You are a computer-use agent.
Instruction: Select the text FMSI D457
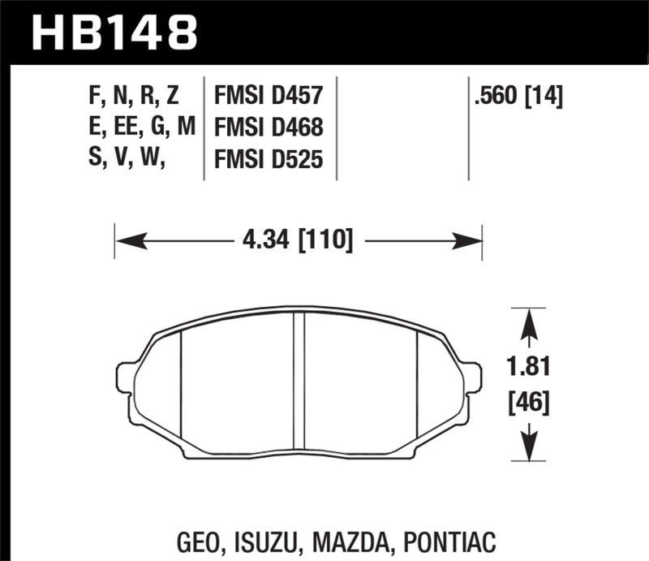point(268,98)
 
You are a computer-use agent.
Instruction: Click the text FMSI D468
point(268,129)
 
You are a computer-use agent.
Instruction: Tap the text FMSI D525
point(268,161)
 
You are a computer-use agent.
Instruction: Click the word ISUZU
point(277,540)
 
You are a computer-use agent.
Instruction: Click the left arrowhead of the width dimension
point(127,241)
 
